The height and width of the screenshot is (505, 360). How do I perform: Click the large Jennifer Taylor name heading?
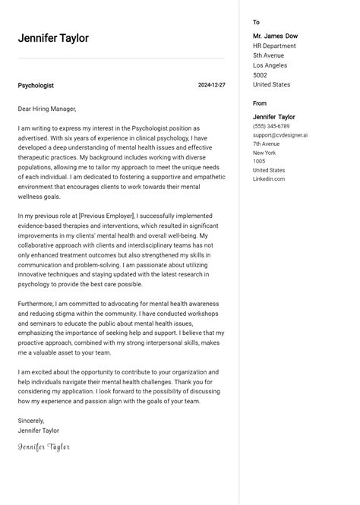(x=53, y=38)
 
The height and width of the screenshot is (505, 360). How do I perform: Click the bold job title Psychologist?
(x=36, y=86)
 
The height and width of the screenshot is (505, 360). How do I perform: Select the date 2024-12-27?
(x=211, y=85)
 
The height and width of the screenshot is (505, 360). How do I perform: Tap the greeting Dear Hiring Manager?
(x=52, y=109)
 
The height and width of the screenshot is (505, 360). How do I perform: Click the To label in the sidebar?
(x=256, y=23)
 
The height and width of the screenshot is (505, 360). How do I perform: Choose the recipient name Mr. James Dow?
(x=275, y=36)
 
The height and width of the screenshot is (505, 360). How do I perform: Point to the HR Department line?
(x=274, y=46)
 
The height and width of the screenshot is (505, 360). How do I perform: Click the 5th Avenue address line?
(x=268, y=55)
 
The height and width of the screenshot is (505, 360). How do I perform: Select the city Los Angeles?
(x=270, y=65)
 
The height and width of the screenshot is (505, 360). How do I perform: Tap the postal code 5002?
(x=260, y=75)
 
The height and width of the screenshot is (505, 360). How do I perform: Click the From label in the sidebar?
(x=260, y=103)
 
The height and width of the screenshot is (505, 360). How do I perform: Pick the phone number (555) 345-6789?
(x=271, y=126)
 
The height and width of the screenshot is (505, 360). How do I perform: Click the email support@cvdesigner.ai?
(x=280, y=135)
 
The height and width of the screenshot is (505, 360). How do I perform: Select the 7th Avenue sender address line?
(x=266, y=144)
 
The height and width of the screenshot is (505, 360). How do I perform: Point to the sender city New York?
(x=265, y=153)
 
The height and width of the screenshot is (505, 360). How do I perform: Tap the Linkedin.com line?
(x=269, y=179)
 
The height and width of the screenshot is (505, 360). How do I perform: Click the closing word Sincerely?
(x=31, y=420)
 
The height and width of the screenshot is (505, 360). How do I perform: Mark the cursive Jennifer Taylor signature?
(x=44, y=447)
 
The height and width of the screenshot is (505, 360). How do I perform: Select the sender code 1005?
(x=259, y=162)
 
